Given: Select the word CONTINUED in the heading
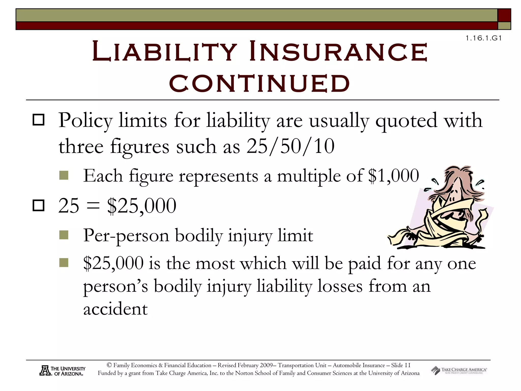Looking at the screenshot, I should click(x=259, y=83).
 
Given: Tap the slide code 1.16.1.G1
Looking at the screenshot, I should click(x=484, y=38).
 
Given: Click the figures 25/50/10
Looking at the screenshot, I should click(x=290, y=146).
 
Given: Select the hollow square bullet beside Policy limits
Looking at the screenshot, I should click(x=39, y=120).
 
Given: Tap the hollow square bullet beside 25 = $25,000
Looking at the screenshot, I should click(x=39, y=205).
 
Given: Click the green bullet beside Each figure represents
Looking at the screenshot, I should click(x=64, y=175).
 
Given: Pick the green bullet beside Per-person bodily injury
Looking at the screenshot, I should click(x=64, y=235).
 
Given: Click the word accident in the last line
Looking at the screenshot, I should click(x=115, y=309).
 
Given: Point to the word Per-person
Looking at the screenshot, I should click(x=126, y=236).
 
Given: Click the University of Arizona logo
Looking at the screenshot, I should click(x=63, y=371).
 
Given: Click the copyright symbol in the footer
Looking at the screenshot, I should click(x=109, y=365).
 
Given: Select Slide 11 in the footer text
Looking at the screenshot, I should click(x=401, y=365).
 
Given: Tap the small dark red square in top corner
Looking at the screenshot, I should click(x=504, y=15).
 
